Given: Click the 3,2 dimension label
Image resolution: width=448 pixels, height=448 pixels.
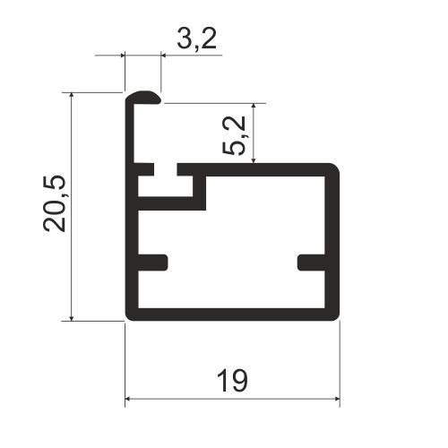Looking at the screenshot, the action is coord(196,39).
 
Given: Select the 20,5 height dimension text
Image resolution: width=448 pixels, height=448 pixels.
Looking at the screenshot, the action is coord(54,203).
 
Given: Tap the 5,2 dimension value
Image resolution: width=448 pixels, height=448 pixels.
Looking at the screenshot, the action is coord(234,135).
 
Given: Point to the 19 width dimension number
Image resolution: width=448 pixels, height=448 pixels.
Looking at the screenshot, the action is coord(232,381).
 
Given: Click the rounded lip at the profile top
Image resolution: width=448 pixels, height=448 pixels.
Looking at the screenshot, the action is coord(143,98).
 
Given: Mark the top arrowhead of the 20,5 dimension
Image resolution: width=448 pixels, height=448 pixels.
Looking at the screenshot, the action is coord(72,96).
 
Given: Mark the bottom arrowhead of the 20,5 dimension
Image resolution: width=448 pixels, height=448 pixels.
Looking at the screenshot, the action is coord(72,317).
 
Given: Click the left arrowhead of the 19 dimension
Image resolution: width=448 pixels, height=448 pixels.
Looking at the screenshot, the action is coord(129,399).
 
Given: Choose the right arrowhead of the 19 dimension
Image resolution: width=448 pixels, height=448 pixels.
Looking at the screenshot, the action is coord(336,399).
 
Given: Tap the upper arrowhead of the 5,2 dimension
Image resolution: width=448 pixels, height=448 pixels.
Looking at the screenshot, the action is coord(254,108).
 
